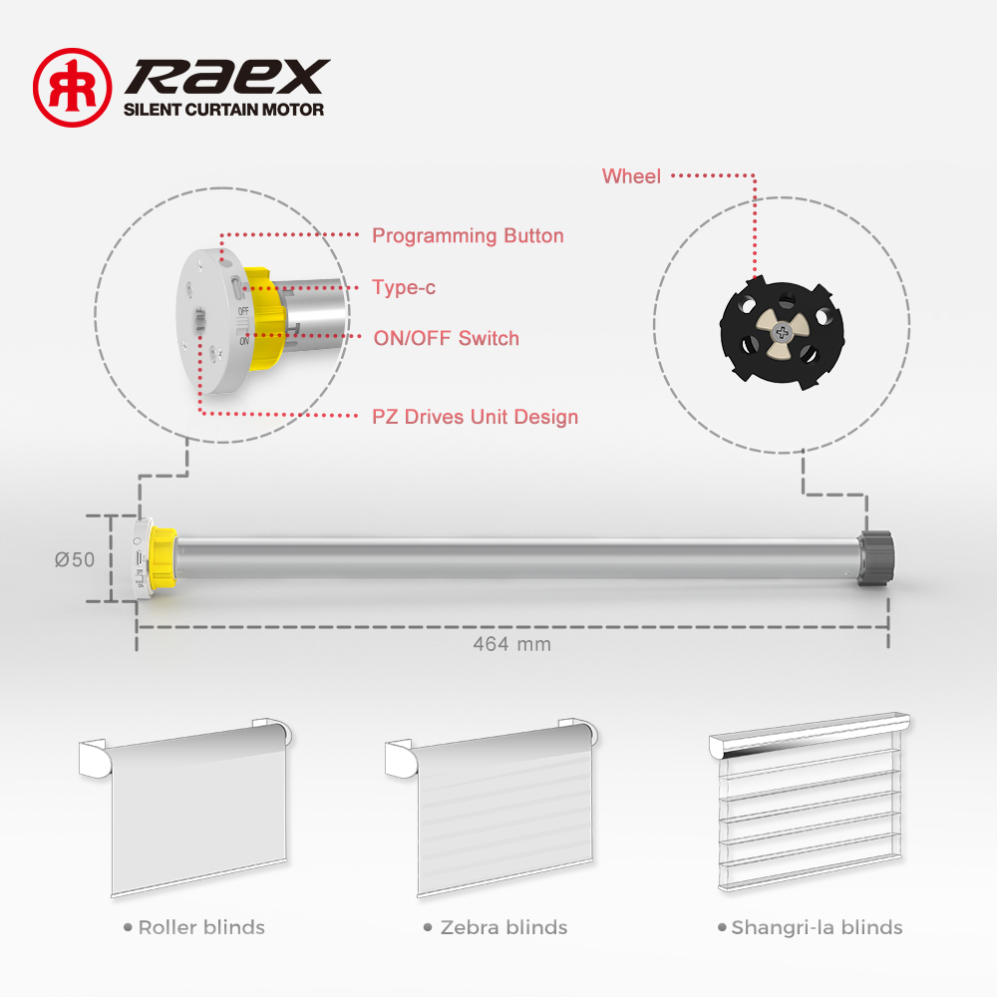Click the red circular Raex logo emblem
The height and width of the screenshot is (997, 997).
(73, 88)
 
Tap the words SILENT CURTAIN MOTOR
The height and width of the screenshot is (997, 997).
(223, 110)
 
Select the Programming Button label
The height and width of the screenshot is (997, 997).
(468, 236)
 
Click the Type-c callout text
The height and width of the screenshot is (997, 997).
(404, 287)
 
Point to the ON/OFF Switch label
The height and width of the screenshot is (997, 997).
(447, 338)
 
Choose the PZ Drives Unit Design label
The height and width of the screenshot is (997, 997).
(475, 417)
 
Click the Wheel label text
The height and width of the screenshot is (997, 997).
(631, 176)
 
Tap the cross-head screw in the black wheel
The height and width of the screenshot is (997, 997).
(782, 331)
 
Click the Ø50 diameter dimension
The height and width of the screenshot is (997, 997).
(75, 559)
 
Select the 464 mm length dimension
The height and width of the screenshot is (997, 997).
(511, 644)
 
